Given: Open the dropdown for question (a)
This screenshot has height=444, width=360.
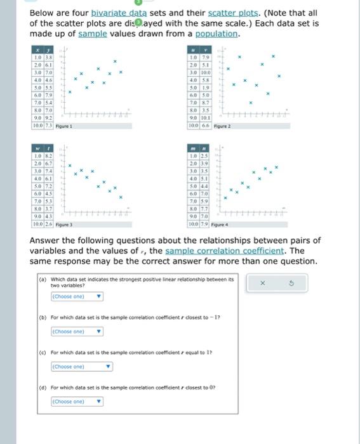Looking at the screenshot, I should (x=76, y=296).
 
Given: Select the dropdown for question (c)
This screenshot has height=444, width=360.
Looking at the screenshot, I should (x=81, y=366).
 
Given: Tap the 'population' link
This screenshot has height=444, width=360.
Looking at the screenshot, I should (x=217, y=34).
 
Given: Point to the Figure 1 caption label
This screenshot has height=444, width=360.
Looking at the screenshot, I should (x=64, y=127).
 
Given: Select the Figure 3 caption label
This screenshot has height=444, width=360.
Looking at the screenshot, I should (x=64, y=225).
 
